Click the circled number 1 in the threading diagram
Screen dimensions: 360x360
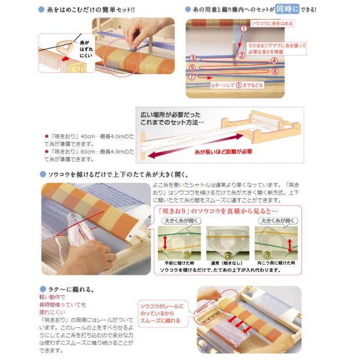click(x=243, y=28)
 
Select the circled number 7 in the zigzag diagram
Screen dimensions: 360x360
click(x=191, y=76)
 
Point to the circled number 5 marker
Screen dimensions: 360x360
click(x=192, y=67)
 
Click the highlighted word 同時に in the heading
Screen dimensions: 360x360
click(x=288, y=9)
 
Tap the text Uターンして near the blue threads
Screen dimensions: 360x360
click(x=224, y=85)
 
